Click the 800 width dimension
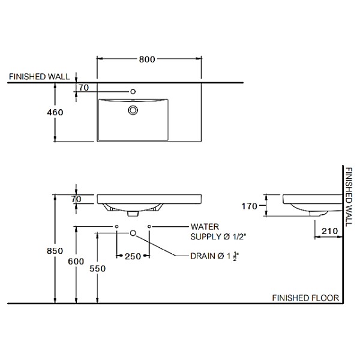tap(147, 59)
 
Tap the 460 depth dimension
tap(55, 112)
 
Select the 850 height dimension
tap(55, 251)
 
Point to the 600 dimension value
tap(76, 261)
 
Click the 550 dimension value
tap(98, 268)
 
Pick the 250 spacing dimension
tap(133, 256)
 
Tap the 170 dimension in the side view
tap(250, 206)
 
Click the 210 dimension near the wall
tap(329, 231)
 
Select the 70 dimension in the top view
tap(84, 88)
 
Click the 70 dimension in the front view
tap(76, 199)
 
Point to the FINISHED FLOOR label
tap(305, 298)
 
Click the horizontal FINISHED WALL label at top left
tap(39, 76)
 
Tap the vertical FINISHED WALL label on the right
tap(349, 197)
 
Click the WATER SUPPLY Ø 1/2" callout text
tap(218, 232)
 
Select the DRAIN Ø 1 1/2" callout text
tap(215, 256)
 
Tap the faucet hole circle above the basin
tap(133, 92)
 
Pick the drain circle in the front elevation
tap(133, 233)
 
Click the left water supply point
tap(116, 227)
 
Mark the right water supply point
tap(149, 227)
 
